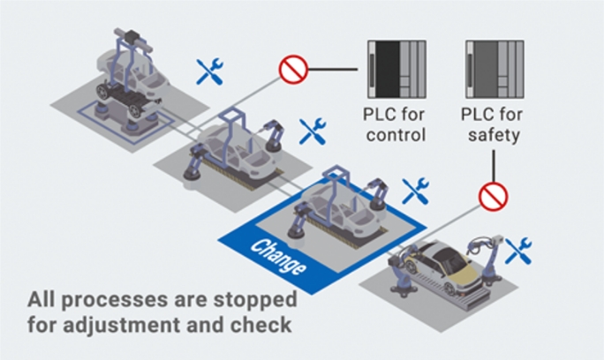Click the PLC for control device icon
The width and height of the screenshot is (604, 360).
[395, 67]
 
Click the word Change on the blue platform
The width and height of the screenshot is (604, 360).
[276, 255]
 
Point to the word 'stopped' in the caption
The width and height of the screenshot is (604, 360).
[252, 300]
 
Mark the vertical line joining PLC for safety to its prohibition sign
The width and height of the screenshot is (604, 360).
[494, 163]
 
